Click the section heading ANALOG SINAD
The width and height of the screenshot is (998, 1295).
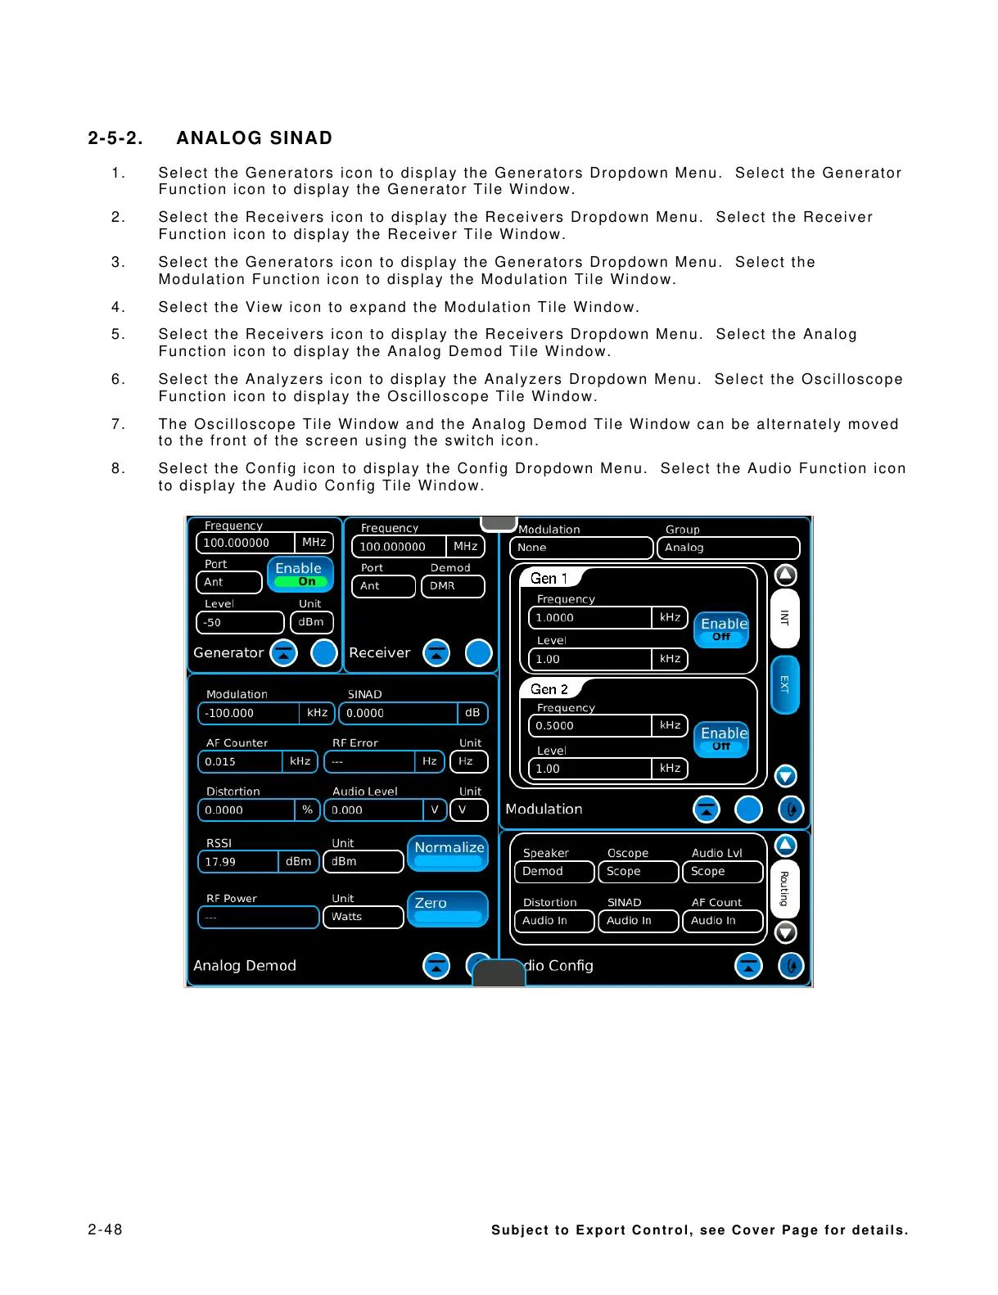[254, 138]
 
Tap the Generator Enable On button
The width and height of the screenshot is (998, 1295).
[300, 574]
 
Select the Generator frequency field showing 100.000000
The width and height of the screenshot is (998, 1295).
[245, 543]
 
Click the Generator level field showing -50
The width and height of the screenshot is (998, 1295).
[239, 622]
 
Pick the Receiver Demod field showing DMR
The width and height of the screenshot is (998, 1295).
[452, 586]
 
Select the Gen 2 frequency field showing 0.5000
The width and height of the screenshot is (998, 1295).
[589, 726]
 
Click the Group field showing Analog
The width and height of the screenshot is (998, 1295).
[727, 548]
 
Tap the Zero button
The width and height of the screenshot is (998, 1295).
[447, 909]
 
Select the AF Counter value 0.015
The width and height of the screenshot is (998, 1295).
[241, 761]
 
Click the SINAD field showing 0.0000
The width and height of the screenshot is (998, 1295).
[398, 713]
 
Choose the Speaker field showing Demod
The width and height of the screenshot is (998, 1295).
[553, 872]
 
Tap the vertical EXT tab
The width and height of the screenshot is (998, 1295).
[784, 684]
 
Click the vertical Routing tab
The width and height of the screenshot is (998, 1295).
[784, 889]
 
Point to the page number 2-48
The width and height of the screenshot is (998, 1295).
[106, 1230]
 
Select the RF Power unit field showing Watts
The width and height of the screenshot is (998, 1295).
[364, 917]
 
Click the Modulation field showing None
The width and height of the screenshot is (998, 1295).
[580, 548]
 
